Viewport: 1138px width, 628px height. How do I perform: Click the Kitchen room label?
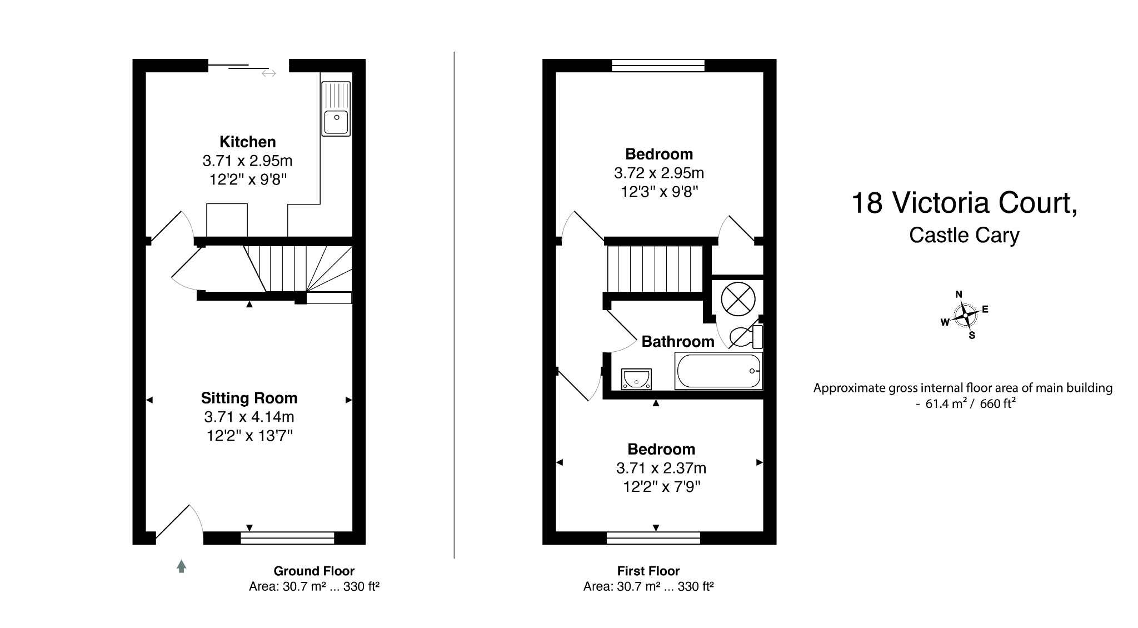coord(247,142)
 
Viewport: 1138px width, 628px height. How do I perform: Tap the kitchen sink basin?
coord(336,122)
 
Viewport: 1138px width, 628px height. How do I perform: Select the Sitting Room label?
coord(249,398)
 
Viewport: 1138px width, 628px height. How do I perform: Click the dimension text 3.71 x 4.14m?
coord(249,417)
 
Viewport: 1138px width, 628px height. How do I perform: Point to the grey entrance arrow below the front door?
coord(181,566)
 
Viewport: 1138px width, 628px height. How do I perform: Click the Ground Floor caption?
coord(313,571)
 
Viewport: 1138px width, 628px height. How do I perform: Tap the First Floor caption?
coord(648,571)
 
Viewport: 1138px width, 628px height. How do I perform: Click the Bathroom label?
coord(677,341)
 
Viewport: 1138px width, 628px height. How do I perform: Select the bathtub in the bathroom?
coord(718,372)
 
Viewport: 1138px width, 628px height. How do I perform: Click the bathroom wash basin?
coord(637,379)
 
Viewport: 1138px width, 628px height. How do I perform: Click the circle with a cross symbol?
coord(738,299)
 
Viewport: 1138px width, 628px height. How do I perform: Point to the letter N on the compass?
coord(959,295)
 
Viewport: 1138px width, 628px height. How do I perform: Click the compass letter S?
coord(972,336)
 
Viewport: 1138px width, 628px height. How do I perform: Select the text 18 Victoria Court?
coord(964,203)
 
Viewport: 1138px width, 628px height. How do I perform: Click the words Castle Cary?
coord(964,235)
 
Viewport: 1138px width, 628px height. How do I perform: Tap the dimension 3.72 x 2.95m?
coord(658,173)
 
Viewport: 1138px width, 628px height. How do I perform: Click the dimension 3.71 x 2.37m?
coord(661,468)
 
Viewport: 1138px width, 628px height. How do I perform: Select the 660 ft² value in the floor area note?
coord(997,404)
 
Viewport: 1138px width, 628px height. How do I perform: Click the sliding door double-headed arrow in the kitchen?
coord(269,73)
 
